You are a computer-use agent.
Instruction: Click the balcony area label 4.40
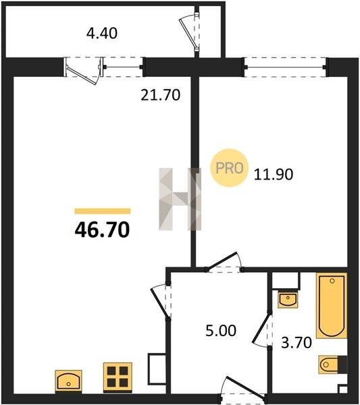(102, 33)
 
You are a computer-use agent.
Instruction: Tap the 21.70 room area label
(161, 94)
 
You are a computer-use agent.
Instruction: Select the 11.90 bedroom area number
(274, 174)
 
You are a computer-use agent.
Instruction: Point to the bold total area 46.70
(103, 230)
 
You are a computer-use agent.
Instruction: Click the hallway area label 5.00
(221, 331)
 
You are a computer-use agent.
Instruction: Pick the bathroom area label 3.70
(297, 343)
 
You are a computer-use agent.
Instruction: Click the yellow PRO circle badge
(229, 168)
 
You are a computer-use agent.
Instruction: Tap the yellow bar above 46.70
(103, 211)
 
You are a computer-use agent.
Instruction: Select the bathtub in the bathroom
(332, 306)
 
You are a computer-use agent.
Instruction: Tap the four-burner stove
(118, 378)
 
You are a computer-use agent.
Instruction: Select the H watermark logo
(180, 199)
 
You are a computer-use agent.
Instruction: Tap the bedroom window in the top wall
(285, 67)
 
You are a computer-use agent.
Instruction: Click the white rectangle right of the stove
(157, 369)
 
